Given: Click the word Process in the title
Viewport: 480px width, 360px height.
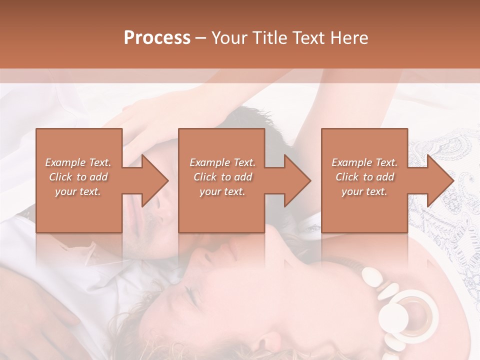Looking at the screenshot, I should click(157, 38).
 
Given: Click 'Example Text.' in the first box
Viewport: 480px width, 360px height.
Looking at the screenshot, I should click(78, 162).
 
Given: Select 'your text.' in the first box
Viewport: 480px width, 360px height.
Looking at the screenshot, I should click(78, 191).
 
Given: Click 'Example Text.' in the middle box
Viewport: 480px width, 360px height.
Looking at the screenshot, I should click(222, 162).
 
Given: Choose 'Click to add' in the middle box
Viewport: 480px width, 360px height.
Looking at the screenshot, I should click(222, 177).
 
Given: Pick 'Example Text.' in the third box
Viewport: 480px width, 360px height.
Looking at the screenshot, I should click(364, 162).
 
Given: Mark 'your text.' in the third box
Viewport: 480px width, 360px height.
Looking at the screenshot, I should click(364, 191).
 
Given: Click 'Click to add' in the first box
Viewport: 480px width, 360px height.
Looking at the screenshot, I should click(78, 177).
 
